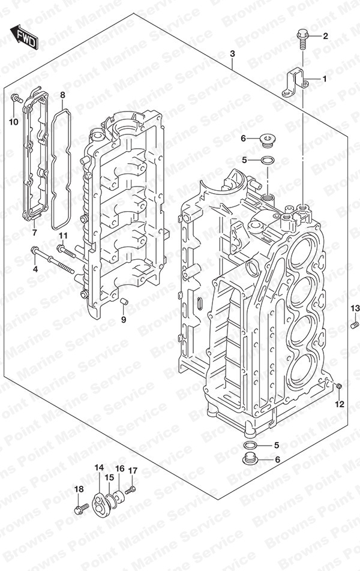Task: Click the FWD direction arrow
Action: point(24,37)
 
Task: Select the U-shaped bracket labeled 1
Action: point(296,84)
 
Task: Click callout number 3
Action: point(232,54)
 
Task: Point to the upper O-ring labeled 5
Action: point(268,160)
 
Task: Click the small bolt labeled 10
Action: point(16,98)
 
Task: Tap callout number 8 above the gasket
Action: point(62,95)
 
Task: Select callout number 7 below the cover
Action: point(34,232)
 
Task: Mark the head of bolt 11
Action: point(61,248)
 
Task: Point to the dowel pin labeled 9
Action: point(124,301)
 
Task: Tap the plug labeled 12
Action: point(339,386)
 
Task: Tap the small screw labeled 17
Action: point(130,490)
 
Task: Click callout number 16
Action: point(120,468)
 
